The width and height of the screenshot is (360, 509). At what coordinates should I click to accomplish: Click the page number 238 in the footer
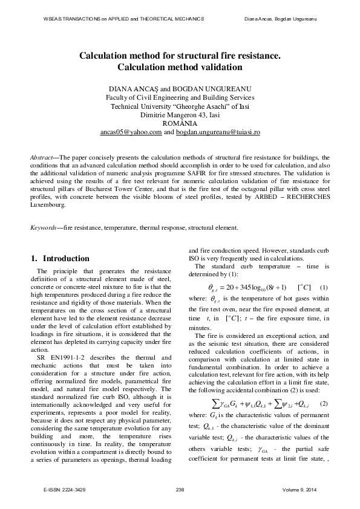pos(180,488)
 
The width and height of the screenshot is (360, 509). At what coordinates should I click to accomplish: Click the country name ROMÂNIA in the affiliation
pos(180,122)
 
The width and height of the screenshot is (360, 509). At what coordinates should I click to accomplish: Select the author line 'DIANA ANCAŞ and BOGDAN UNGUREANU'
pos(180,88)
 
